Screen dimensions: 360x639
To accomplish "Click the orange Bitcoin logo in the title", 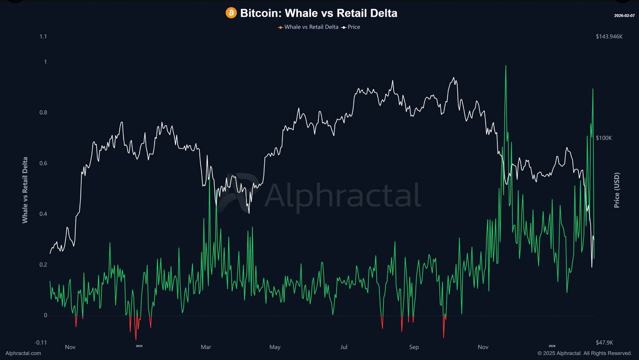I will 231,13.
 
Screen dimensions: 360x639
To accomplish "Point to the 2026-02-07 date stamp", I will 624,16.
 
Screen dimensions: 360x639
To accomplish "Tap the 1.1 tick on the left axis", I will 43,37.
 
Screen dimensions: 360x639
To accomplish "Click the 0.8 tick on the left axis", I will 43,113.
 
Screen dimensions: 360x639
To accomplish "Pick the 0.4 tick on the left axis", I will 43,214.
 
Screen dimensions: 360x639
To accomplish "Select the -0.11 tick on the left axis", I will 41,343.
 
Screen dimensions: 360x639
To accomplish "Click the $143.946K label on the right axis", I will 609,37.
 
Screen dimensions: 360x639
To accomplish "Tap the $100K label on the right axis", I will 603,138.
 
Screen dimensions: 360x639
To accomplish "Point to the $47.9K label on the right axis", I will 604,343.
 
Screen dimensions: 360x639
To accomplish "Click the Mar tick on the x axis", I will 206,347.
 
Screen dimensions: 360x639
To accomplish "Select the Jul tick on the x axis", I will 344,347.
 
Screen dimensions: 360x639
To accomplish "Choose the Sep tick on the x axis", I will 414,347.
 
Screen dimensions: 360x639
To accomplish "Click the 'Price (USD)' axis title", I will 617,190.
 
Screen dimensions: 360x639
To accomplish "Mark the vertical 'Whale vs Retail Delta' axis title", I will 25,190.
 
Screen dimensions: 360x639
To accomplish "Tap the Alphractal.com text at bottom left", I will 23,353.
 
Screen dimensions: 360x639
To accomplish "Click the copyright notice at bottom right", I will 584,353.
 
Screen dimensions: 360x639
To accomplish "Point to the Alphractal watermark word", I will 343,195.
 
